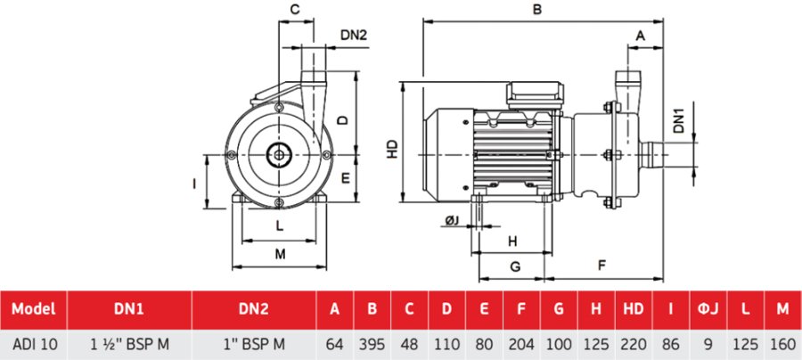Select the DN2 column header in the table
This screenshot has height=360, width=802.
(254, 309)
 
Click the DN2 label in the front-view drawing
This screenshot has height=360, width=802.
(354, 36)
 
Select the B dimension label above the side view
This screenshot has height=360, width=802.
(536, 10)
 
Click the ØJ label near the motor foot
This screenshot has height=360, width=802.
(453, 220)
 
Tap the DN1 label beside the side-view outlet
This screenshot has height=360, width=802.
(678, 121)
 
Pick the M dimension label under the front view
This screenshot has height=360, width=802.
(280, 254)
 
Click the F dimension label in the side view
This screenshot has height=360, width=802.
(602, 266)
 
